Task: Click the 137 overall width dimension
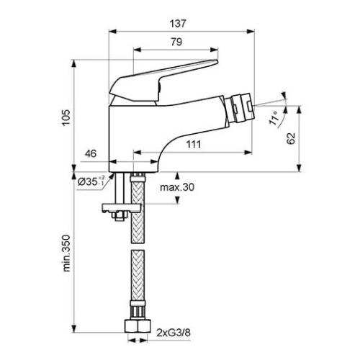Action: point(178,24)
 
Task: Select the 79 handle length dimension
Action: point(176,42)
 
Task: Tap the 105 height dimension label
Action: point(66,117)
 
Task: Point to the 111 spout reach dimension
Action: point(194,144)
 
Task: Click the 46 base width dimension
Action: point(91,153)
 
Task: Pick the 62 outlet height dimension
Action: point(291,138)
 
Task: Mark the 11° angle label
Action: point(274,117)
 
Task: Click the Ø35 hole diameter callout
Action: point(91,181)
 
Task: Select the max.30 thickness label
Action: point(177,187)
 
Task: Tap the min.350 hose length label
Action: point(66,253)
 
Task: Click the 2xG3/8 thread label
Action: point(174,333)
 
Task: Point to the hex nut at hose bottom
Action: point(138,325)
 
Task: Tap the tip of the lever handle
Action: point(217,62)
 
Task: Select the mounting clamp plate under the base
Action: point(121,208)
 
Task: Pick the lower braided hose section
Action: point(138,276)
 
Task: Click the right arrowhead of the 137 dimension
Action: point(251,31)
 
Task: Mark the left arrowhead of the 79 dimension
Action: point(137,50)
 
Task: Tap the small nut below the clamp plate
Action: point(120,215)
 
